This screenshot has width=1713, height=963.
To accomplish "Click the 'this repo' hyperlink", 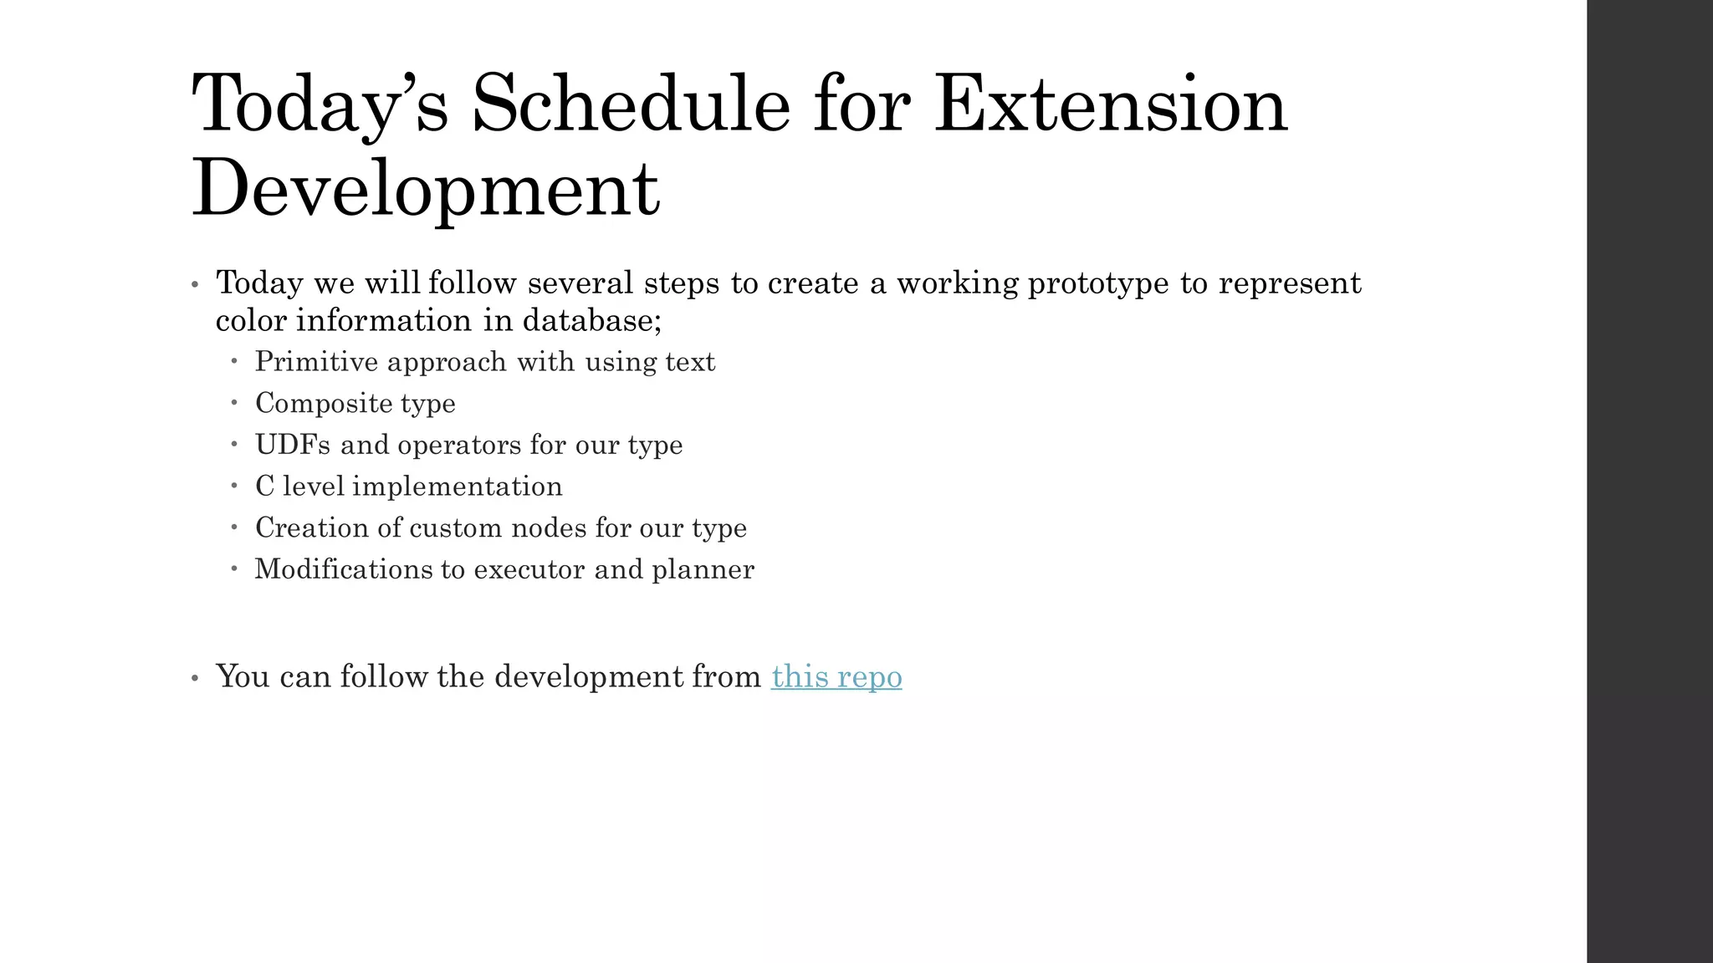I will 836,676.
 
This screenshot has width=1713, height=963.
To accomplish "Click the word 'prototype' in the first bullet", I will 1098,283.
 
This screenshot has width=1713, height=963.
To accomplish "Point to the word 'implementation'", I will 457,487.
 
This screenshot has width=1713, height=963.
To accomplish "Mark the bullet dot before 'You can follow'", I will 195,678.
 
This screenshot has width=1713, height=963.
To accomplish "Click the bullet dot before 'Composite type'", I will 235,403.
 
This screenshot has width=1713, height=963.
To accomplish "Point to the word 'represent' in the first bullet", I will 1290,283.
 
